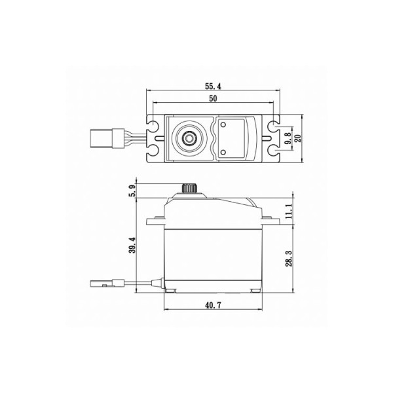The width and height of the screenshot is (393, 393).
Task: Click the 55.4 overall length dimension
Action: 213,86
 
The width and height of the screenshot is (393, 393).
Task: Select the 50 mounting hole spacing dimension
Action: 213,98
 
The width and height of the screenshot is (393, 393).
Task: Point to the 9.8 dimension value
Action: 288,138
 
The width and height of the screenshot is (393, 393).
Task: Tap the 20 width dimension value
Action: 298,138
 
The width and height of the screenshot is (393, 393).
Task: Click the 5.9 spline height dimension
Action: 133,191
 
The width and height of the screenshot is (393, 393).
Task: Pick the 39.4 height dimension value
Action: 132,245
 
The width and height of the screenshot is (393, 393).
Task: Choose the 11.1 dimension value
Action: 288,211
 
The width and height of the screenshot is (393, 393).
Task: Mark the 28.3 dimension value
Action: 289,258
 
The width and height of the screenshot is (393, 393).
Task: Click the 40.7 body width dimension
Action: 213,305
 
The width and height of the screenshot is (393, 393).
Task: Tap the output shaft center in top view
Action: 189,138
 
